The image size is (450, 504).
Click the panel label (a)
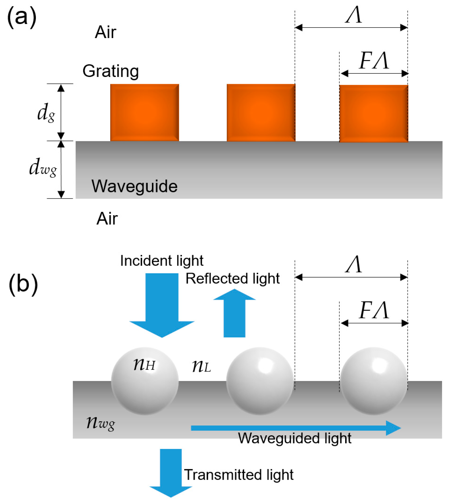[x=22, y=17]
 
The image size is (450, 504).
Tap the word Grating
[x=111, y=71]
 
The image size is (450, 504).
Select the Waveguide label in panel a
[x=134, y=186]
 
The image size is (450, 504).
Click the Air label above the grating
[x=105, y=32]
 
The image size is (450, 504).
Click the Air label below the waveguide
[x=107, y=219]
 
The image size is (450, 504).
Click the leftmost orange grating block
[x=144, y=113]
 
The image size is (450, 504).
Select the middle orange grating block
[x=261, y=113]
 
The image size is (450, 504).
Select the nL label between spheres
[x=201, y=367]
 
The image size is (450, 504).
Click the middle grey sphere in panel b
[x=260, y=381]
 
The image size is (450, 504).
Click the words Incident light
[x=162, y=261]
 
